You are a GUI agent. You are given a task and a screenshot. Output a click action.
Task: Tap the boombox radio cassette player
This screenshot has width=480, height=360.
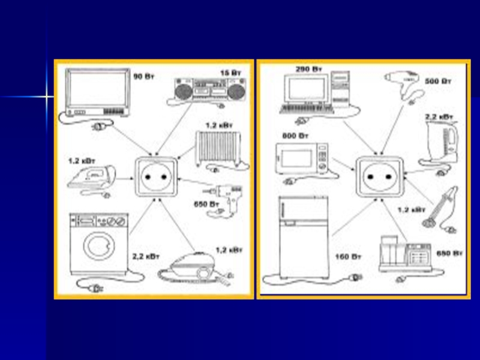click(210, 92)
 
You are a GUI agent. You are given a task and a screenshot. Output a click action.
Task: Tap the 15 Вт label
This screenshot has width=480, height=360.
click(230, 73)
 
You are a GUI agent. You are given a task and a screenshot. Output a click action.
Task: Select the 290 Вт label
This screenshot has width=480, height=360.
click(309, 70)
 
